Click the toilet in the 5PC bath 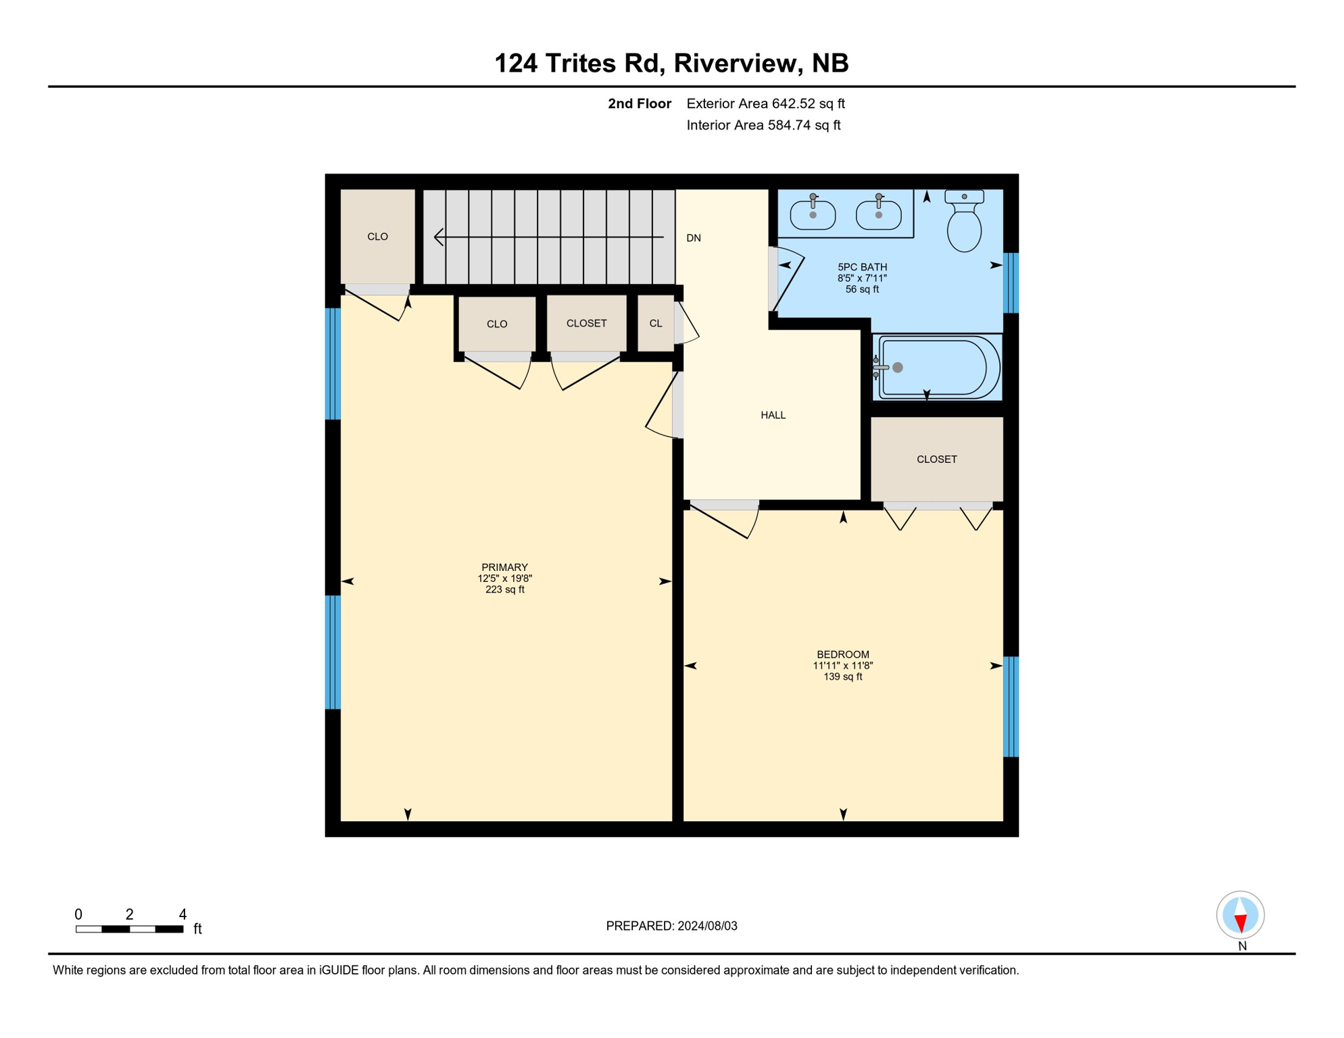pyautogui.click(x=964, y=224)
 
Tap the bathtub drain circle pyautogui.click(x=898, y=368)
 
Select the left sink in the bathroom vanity pyautogui.click(x=813, y=215)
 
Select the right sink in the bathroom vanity pyautogui.click(x=878, y=215)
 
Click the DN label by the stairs pyautogui.click(x=694, y=238)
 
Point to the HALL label pyautogui.click(x=773, y=415)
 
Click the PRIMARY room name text pyautogui.click(x=504, y=567)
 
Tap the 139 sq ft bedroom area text pyautogui.click(x=842, y=676)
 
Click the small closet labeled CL pyautogui.click(x=655, y=324)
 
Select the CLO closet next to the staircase pyautogui.click(x=377, y=237)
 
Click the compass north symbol pyautogui.click(x=1240, y=916)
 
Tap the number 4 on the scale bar pyautogui.click(x=183, y=914)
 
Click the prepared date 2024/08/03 pyautogui.click(x=707, y=926)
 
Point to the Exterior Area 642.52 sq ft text pyautogui.click(x=765, y=103)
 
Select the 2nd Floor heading pyautogui.click(x=639, y=103)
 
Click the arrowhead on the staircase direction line pyautogui.click(x=439, y=237)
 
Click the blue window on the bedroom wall pyautogui.click(x=1010, y=706)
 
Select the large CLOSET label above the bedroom pyautogui.click(x=936, y=460)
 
